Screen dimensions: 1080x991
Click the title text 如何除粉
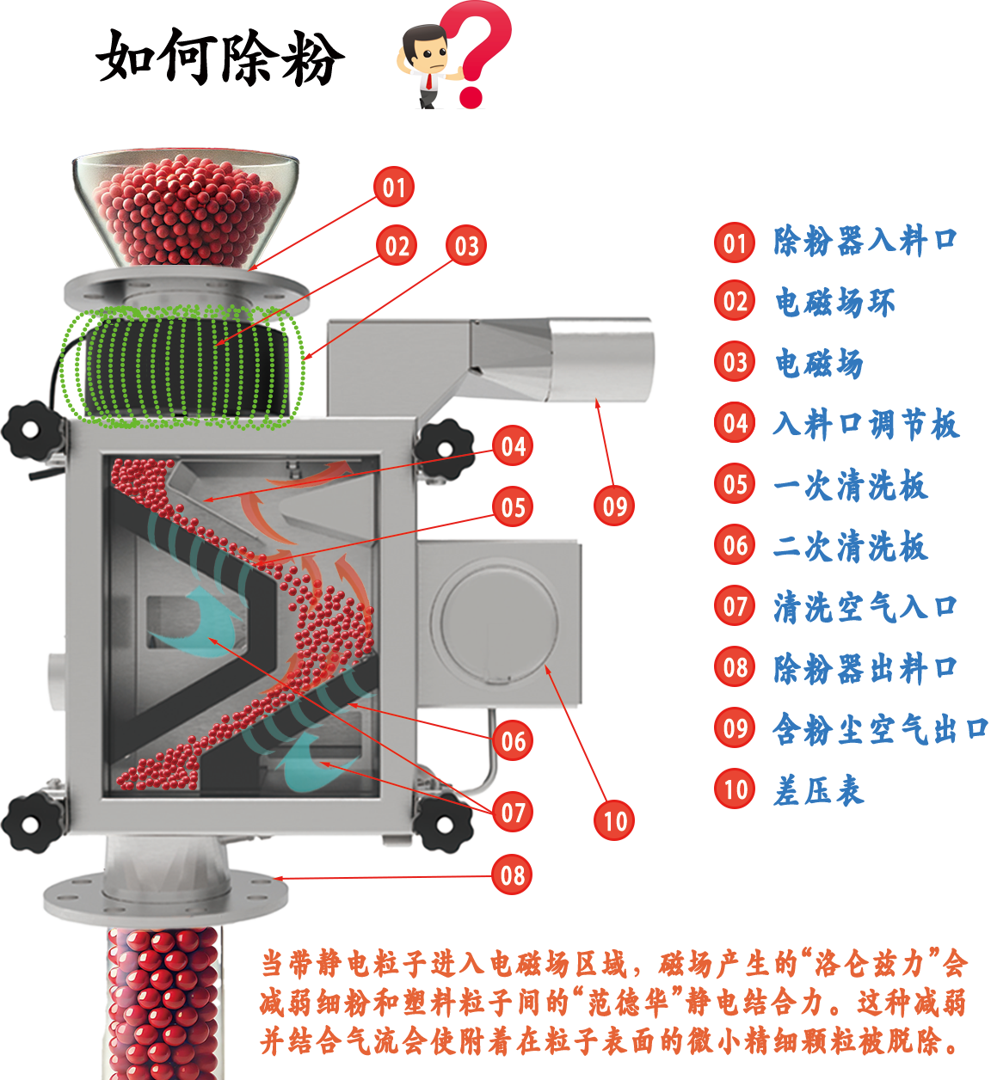tap(220, 58)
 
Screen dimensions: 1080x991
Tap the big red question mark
tap(477, 52)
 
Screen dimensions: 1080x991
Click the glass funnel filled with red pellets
tap(186, 206)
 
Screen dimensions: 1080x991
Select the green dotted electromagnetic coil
tap(182, 365)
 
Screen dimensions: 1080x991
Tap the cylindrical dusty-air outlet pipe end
tap(601, 359)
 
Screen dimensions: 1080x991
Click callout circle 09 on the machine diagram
tap(614, 506)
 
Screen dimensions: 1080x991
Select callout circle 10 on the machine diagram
tap(614, 820)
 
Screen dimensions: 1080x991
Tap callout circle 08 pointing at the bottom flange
tap(512, 875)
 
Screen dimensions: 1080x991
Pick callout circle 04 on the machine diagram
tap(513, 446)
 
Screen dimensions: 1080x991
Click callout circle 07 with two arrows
tap(513, 812)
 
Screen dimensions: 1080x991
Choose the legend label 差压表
tap(818, 790)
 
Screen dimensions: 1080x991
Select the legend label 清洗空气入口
tap(865, 607)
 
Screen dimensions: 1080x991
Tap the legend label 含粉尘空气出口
tap(880, 729)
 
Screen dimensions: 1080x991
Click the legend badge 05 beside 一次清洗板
tap(735, 485)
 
